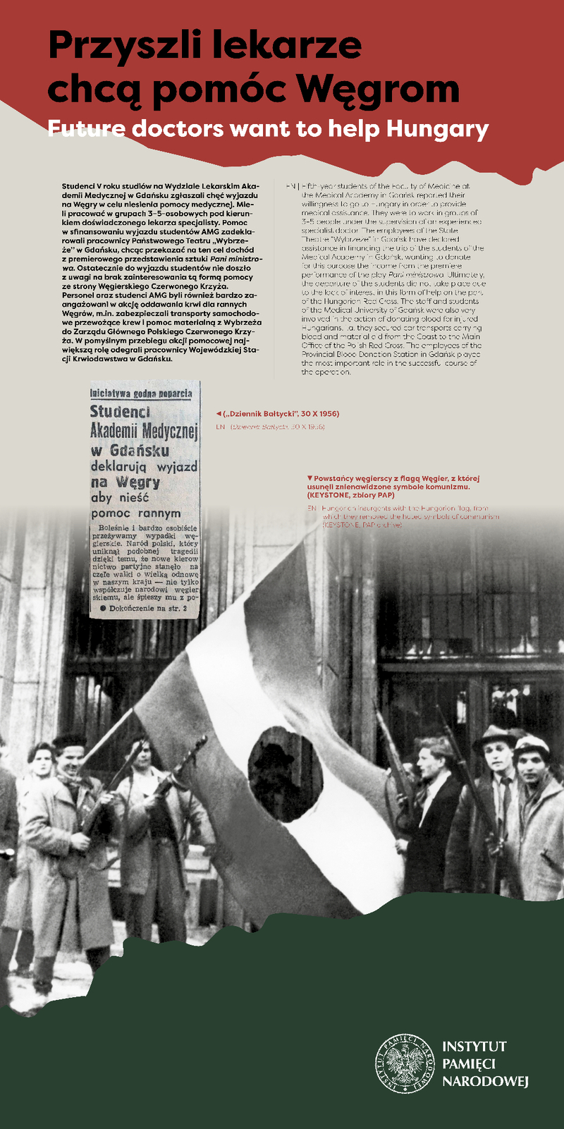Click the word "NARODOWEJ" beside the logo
485,1082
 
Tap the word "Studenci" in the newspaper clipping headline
120,412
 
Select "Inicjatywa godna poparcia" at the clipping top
141,393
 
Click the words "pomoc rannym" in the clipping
136,513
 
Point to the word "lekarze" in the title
296,46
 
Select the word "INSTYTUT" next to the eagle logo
474,1046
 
